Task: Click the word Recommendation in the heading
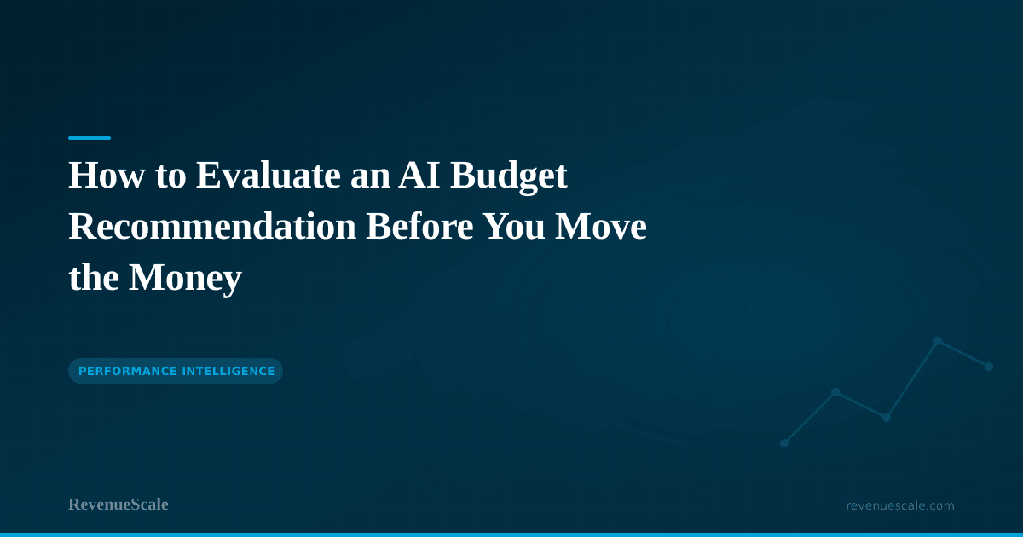(x=212, y=227)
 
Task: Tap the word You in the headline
(x=517, y=227)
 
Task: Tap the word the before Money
(x=94, y=278)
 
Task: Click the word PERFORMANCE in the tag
(x=126, y=371)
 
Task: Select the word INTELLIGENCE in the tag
(x=228, y=371)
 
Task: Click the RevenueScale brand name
(x=118, y=505)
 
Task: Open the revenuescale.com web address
(x=900, y=505)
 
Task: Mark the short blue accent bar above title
(x=90, y=137)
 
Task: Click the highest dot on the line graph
(x=938, y=341)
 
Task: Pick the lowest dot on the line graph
(x=784, y=443)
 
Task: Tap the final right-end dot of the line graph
(x=989, y=367)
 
